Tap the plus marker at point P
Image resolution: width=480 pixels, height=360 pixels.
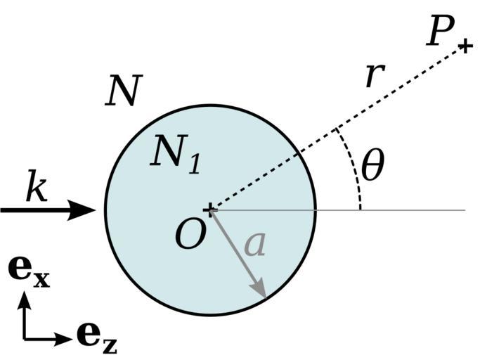pyautogui.click(x=465, y=47)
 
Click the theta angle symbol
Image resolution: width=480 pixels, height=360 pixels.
pyautogui.click(x=372, y=167)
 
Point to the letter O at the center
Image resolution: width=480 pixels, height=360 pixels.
pyautogui.click(x=190, y=236)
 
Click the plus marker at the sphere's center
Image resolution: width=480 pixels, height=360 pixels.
pyautogui.click(x=209, y=209)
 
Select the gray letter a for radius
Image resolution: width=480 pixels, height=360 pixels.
pyautogui.click(x=255, y=244)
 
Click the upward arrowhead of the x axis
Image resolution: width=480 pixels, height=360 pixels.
pyautogui.click(x=25, y=299)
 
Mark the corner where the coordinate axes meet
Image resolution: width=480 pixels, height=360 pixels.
pyautogui.click(x=25, y=338)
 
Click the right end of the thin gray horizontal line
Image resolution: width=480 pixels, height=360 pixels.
pyautogui.click(x=465, y=210)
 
